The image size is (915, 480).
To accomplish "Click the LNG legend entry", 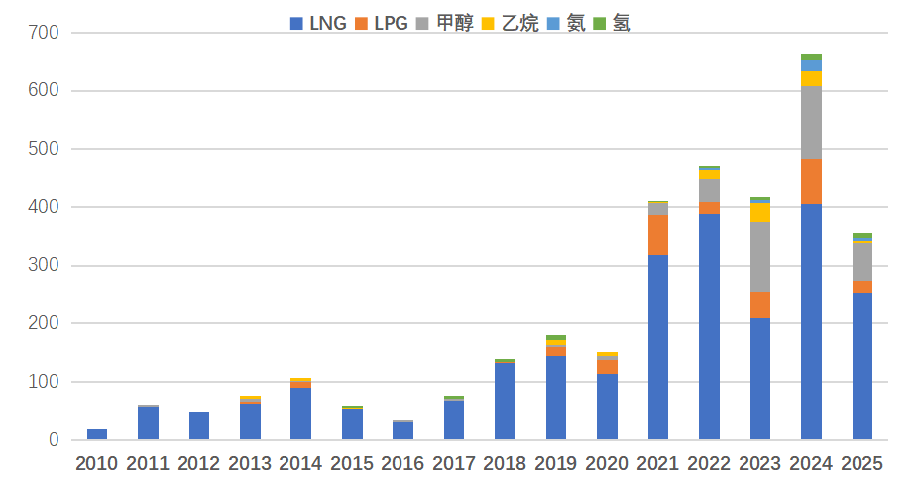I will [318, 23].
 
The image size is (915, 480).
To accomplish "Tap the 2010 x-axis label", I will [97, 463].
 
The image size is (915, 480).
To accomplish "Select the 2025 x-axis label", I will [861, 463].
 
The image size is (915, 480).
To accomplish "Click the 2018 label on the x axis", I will [505, 463].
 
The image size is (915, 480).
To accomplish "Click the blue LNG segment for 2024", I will [811, 322].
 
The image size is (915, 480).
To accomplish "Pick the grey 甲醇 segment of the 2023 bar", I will [760, 256].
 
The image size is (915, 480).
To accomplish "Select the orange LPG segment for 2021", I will [658, 235].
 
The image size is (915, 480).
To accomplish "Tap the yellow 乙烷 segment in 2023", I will [760, 212].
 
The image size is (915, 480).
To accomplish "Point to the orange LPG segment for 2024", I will [811, 181].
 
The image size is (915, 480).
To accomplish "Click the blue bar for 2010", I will [97, 434].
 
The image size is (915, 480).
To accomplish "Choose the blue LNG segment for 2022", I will [709, 327].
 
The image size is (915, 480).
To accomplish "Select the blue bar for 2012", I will [199, 425].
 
